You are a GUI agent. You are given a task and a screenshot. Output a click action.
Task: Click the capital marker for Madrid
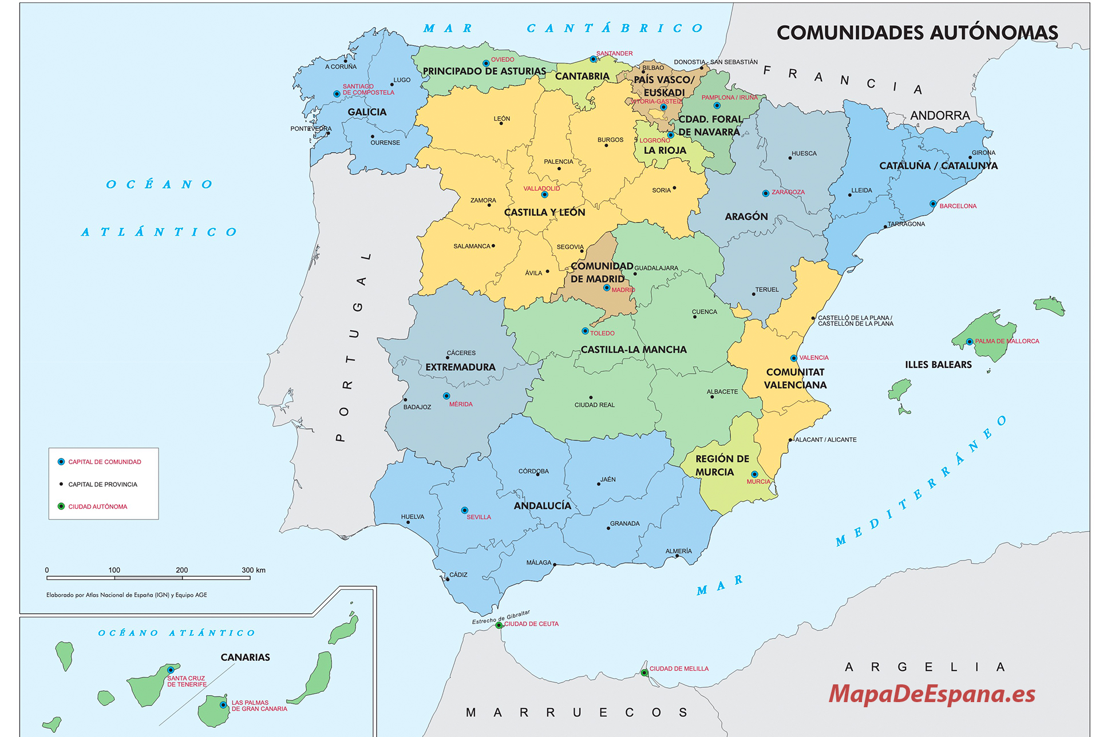(607, 288)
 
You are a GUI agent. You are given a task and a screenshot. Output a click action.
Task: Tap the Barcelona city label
(958, 206)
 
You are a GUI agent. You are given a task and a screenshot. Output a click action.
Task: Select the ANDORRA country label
(940, 116)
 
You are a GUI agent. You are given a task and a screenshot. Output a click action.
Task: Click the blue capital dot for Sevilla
(464, 510)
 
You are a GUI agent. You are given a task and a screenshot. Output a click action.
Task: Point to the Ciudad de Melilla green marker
(644, 672)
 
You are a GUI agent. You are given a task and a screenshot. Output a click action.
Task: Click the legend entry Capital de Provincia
(102, 484)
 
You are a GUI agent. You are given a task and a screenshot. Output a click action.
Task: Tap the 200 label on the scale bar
(181, 570)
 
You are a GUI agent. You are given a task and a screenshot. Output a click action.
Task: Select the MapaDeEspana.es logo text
(931, 694)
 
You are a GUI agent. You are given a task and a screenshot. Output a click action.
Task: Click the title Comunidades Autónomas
(917, 33)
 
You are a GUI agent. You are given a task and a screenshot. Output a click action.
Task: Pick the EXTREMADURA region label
(460, 367)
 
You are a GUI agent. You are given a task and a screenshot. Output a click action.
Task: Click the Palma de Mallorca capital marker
(969, 342)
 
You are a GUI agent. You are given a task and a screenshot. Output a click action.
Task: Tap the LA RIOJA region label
(665, 150)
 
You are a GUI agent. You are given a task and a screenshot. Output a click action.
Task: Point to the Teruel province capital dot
(753, 294)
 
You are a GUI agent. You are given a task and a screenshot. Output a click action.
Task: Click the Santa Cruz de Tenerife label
(187, 681)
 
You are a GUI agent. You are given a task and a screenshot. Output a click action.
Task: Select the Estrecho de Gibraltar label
(501, 617)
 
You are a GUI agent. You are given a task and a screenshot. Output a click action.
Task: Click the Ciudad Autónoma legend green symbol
(61, 506)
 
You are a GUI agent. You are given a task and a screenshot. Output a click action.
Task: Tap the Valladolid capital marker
(544, 195)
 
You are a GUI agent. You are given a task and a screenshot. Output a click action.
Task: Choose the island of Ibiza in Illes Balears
(899, 390)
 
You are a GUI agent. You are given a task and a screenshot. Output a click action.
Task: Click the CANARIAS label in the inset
(245, 657)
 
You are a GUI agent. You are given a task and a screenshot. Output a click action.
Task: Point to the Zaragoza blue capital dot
(765, 193)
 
